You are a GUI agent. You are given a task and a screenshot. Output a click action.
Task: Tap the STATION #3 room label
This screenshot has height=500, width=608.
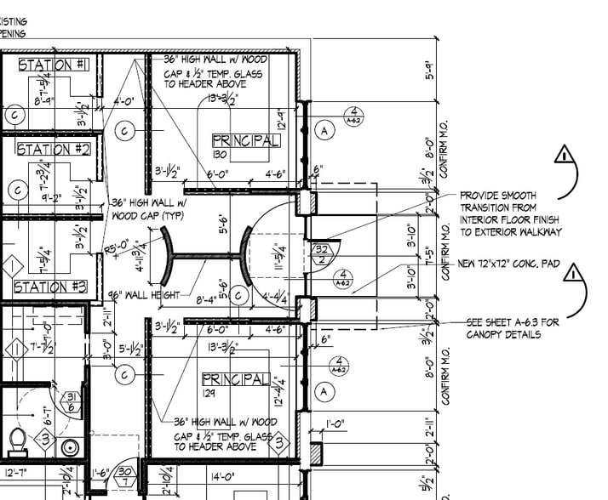tap(50, 287)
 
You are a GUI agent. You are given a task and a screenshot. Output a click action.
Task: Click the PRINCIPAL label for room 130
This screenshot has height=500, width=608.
tap(245, 140)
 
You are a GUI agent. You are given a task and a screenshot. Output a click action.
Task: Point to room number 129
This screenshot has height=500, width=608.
tap(213, 393)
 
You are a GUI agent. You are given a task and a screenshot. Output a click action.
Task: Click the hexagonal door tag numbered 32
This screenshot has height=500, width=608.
tap(323, 253)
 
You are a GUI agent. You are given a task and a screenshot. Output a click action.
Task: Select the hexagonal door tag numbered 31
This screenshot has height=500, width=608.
tap(72, 403)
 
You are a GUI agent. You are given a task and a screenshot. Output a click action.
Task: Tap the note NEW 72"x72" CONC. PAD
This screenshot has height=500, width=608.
tap(509, 264)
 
